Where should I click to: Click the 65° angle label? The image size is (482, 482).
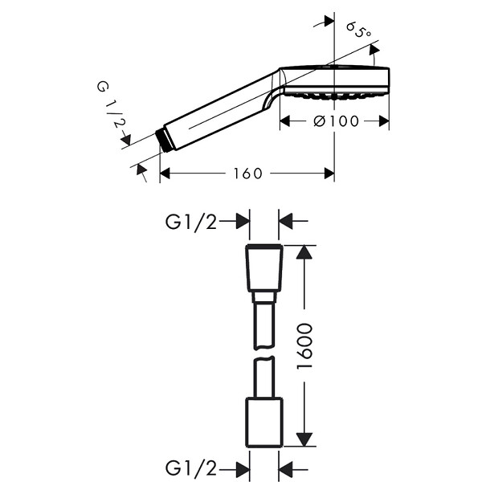(x=359, y=30)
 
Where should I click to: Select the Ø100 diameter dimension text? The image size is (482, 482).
(x=336, y=121)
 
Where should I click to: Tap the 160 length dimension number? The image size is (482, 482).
(x=248, y=174)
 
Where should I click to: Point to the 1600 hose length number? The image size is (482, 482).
(x=304, y=345)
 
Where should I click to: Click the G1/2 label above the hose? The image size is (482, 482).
(x=191, y=222)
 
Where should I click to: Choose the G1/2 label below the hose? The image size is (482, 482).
(x=191, y=468)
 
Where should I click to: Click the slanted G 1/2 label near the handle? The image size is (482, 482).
(x=112, y=104)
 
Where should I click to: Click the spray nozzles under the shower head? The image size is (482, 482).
(x=337, y=96)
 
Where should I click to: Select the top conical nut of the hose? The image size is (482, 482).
(x=264, y=268)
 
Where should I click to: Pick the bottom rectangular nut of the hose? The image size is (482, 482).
(x=264, y=423)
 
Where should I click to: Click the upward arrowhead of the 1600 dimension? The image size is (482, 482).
(x=304, y=251)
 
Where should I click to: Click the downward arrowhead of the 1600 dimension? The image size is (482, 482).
(x=304, y=439)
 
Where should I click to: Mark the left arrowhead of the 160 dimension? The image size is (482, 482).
(x=165, y=174)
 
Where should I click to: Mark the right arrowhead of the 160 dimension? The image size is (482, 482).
(x=329, y=174)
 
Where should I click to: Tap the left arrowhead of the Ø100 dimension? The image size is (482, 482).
(x=285, y=121)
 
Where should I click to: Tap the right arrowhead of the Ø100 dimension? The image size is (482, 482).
(x=384, y=121)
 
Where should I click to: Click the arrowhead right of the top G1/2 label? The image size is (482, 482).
(x=243, y=222)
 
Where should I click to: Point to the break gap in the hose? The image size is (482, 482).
(x=263, y=353)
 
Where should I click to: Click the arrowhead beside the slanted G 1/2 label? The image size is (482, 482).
(x=126, y=140)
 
